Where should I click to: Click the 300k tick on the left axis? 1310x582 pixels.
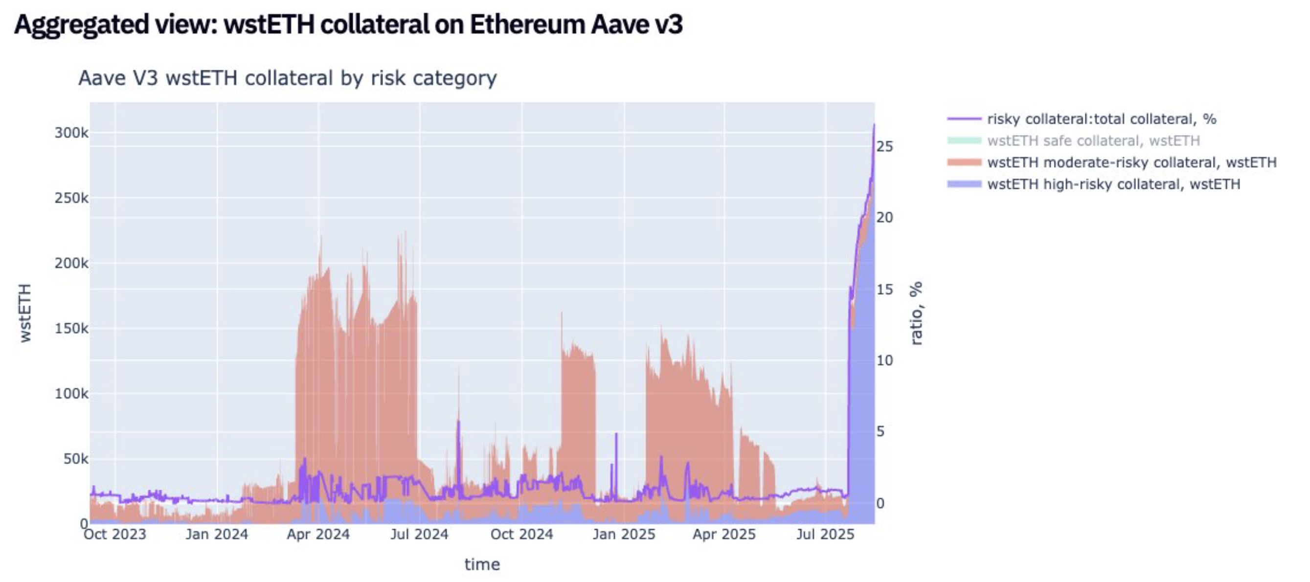point(71,133)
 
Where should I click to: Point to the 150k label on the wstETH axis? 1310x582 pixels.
point(71,328)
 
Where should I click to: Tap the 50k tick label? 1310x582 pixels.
point(75,459)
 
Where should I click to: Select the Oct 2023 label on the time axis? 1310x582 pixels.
point(115,534)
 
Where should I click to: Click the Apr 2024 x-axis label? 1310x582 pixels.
point(318,534)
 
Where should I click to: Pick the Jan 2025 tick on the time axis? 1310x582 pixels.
point(624,534)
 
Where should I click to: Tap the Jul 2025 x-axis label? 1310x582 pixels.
point(825,534)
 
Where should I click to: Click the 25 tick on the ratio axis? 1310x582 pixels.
point(884,146)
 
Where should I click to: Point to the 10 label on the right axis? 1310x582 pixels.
point(884,360)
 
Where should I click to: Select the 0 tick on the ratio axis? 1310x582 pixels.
point(881,503)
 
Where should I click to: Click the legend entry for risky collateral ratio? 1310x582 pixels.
point(1101,119)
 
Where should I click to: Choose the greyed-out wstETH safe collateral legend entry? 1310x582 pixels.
point(1093,141)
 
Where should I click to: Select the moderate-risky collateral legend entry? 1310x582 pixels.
point(1131,163)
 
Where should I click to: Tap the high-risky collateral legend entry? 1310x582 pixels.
point(1114,184)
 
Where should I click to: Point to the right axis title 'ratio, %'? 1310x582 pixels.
point(916,313)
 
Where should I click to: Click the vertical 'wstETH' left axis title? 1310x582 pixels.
point(25,313)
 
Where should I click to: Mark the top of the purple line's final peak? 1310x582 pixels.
point(874,124)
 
